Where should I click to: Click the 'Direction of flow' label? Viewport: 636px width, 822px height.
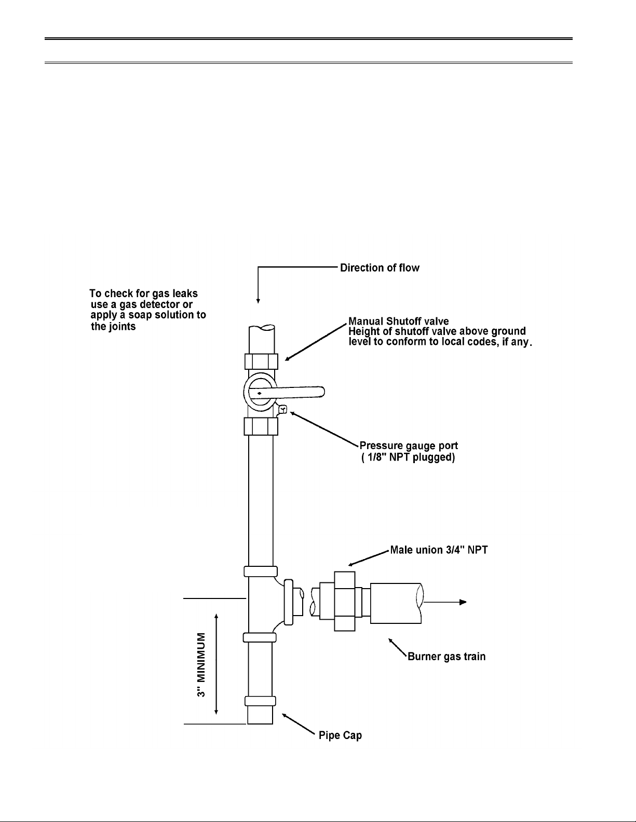[x=380, y=268]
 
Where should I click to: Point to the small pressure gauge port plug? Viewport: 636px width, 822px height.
[x=282, y=409]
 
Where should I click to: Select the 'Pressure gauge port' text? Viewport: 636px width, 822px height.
[x=409, y=445]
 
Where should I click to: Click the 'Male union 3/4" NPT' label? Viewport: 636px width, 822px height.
[x=439, y=550]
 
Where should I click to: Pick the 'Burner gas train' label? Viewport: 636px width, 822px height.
[x=446, y=657]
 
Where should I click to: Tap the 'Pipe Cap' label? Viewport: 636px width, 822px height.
[x=341, y=735]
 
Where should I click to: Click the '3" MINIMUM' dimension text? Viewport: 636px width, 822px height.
[x=201, y=665]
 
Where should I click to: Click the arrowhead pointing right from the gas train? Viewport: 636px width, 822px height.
[x=463, y=602]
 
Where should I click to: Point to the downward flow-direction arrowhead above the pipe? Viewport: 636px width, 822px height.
[x=258, y=301]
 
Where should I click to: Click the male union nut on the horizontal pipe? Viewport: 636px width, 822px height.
[x=345, y=602]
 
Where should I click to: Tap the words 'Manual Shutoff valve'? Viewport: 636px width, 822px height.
[x=399, y=321]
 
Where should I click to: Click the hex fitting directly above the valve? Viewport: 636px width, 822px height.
[x=261, y=361]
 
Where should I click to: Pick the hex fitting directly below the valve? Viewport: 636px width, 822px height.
[x=261, y=426]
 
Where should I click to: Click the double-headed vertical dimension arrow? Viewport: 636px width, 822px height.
[x=216, y=664]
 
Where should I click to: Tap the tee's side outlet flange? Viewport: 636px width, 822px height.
[x=289, y=602]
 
